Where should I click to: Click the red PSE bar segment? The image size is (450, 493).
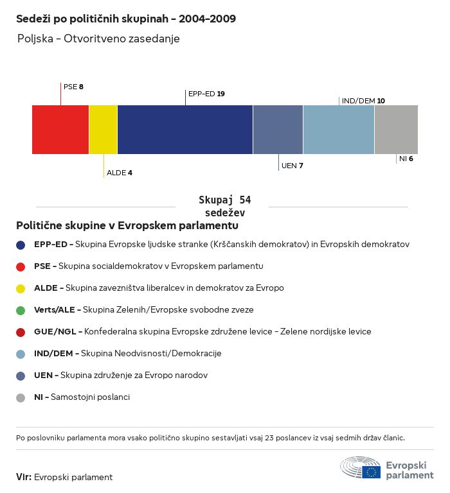(x=60, y=130)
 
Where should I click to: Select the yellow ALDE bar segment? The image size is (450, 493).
(x=104, y=130)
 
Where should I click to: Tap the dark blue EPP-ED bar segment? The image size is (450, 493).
(x=185, y=130)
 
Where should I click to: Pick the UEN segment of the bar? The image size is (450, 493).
(x=278, y=130)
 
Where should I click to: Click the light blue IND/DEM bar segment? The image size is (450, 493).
(x=339, y=130)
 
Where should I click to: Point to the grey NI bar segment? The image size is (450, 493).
(x=396, y=130)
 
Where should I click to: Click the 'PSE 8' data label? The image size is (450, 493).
(x=73, y=87)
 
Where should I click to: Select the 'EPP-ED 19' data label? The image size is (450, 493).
(x=206, y=94)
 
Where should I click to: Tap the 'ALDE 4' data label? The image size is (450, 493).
(x=120, y=173)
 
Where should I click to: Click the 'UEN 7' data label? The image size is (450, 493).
(x=292, y=166)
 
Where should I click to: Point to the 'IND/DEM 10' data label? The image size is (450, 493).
(x=363, y=101)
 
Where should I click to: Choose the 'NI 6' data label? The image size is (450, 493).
(x=406, y=159)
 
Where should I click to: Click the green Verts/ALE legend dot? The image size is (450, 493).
(x=21, y=311)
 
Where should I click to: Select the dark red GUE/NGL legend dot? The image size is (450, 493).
(x=21, y=333)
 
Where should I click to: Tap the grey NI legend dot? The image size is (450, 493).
(x=21, y=398)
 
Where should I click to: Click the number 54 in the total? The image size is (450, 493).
(x=245, y=200)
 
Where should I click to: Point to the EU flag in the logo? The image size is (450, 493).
(x=371, y=472)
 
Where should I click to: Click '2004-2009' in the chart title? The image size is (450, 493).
(x=207, y=19)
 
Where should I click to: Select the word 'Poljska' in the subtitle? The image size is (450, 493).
(x=35, y=39)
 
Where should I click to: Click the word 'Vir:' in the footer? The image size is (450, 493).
(x=24, y=477)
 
